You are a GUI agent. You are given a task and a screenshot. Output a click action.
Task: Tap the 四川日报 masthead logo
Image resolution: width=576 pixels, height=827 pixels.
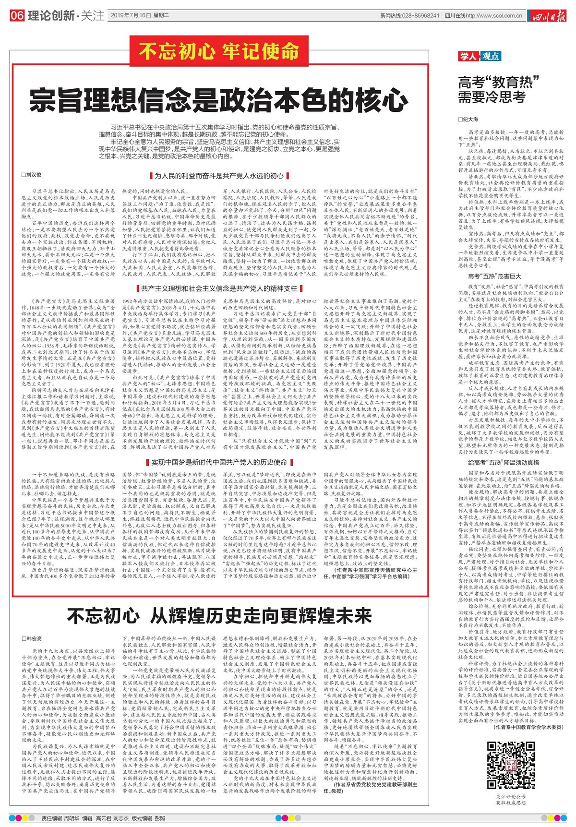[x=547, y=16]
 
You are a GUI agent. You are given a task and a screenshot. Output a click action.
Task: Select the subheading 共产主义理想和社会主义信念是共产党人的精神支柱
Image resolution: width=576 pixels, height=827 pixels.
[x=219, y=288]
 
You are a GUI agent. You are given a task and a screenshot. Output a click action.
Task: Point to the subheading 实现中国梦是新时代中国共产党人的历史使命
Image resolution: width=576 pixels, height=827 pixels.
[x=219, y=462]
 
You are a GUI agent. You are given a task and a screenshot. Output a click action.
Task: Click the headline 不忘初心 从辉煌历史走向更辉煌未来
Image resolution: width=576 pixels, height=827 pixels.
[x=219, y=616]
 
